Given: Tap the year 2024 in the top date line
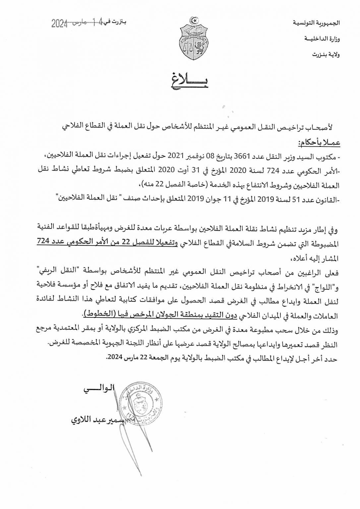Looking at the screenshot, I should pos(59,24).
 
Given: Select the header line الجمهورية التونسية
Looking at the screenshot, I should pos(317,23).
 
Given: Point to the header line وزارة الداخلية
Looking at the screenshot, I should pos(322,39).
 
